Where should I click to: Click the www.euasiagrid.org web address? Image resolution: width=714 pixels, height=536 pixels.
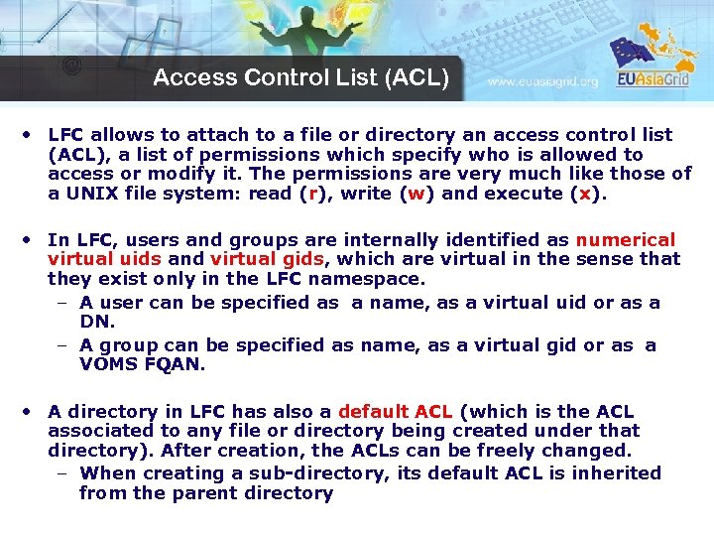pos(542,81)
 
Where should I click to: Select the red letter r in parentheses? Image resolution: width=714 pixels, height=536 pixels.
pos(312,194)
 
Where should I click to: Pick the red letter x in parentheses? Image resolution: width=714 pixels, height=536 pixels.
pos(586,194)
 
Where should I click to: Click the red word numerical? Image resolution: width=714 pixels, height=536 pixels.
pos(625,240)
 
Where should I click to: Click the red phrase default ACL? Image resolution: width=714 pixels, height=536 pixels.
pos(395,411)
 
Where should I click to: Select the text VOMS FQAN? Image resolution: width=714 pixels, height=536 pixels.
pos(142,364)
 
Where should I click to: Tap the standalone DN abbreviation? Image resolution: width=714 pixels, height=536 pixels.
pos(97,323)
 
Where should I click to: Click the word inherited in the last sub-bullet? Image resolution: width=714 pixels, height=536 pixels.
pos(612,473)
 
